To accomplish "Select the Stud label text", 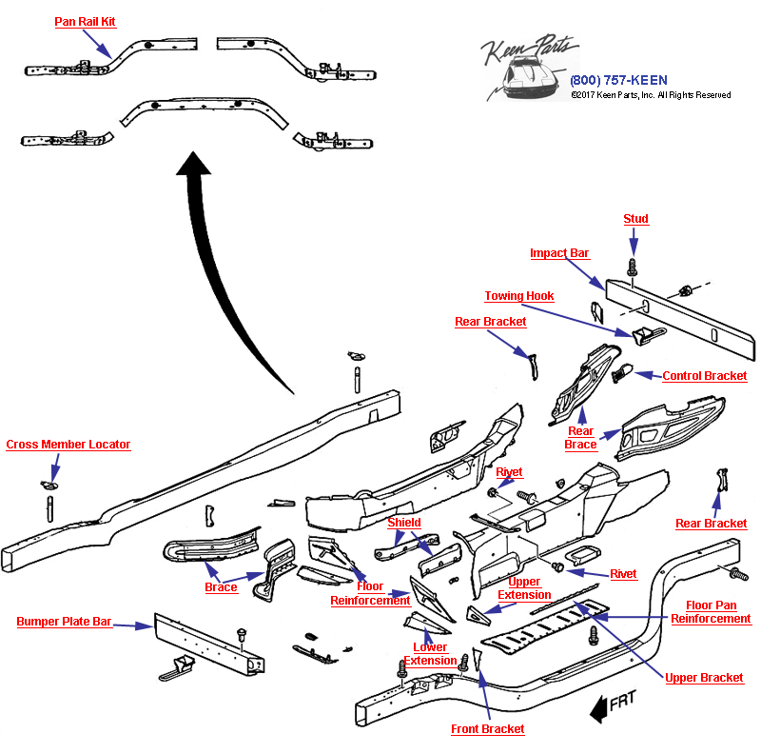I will pyautogui.click(x=635, y=219).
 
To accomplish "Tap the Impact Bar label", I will pyautogui.click(x=559, y=253).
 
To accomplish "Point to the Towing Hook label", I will pyautogui.click(x=518, y=296).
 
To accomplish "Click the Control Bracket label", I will pyautogui.click(x=704, y=376).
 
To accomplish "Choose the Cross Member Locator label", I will pyautogui.click(x=68, y=445).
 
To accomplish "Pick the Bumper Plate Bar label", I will pyautogui.click(x=64, y=622).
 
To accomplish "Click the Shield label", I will pyautogui.click(x=403, y=523).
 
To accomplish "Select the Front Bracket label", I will pyautogui.click(x=487, y=729).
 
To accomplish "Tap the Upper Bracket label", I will pyautogui.click(x=704, y=678).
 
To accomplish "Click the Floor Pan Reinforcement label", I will pyautogui.click(x=711, y=612).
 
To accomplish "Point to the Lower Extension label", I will pyautogui.click(x=430, y=654).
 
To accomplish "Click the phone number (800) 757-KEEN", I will pyautogui.click(x=618, y=80).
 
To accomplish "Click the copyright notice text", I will pyautogui.click(x=651, y=95).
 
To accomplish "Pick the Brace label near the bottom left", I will pyautogui.click(x=221, y=587).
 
